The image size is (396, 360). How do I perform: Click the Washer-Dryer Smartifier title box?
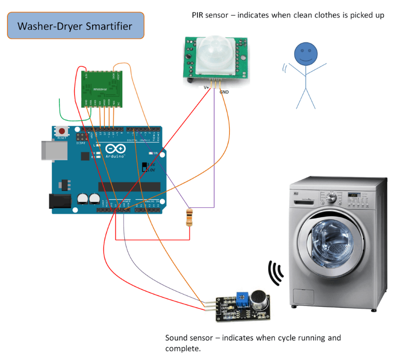[75, 26]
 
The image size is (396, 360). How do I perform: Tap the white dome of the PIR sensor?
[214, 54]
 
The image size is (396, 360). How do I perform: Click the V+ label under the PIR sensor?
[206, 87]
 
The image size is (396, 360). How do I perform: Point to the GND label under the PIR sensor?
[224, 92]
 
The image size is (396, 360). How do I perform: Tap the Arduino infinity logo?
[114, 149]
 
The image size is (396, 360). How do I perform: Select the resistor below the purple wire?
[189, 217]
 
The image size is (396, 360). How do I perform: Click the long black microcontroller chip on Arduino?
[129, 187]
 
